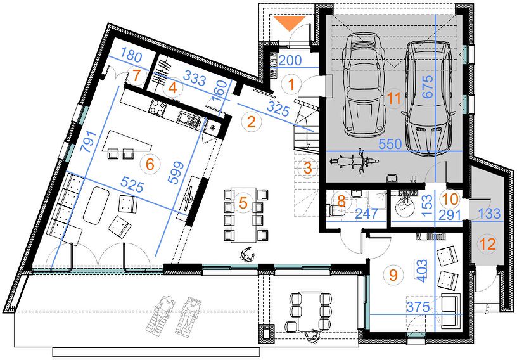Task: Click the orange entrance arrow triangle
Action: pyautogui.click(x=289, y=23)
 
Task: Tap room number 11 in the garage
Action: pyautogui.click(x=394, y=98)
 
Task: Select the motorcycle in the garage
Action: pyautogui.click(x=354, y=162)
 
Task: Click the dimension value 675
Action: pyautogui.click(x=428, y=87)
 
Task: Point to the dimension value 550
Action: pyautogui.click(x=390, y=144)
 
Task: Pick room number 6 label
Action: pyautogui.click(x=150, y=164)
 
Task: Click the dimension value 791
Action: pyautogui.click(x=89, y=141)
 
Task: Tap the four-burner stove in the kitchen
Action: pyautogui.click(x=158, y=108)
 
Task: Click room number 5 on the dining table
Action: pyautogui.click(x=243, y=203)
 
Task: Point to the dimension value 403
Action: pyautogui.click(x=422, y=271)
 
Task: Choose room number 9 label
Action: pyautogui.click(x=393, y=274)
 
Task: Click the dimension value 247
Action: pyautogui.click(x=366, y=214)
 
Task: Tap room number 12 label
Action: pyautogui.click(x=488, y=245)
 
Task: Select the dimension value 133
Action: pyautogui.click(x=488, y=214)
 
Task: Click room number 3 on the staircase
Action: pyautogui.click(x=307, y=168)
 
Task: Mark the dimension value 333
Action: pyautogui.click(x=195, y=79)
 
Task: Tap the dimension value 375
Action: pyautogui.click(x=418, y=307)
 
